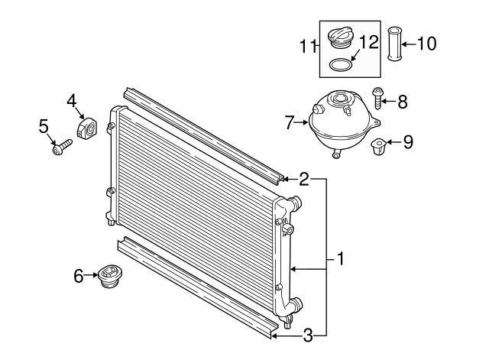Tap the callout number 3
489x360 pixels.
tap(308, 334)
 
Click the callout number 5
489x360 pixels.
tap(44, 125)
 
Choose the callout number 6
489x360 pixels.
tap(79, 276)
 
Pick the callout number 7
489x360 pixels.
tap(290, 122)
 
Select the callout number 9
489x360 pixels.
tap(408, 141)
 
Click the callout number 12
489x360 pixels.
tap(369, 43)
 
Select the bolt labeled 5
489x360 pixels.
tap(62, 146)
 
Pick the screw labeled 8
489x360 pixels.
tap(378, 99)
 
